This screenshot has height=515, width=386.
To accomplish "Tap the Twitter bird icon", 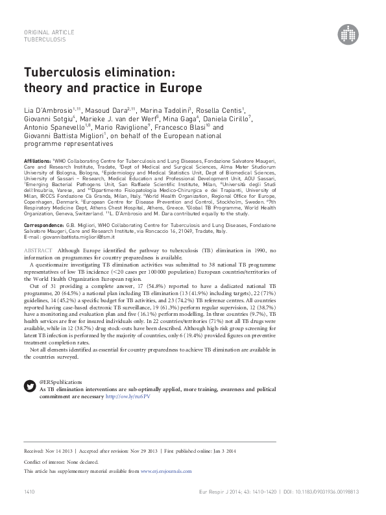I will click(29, 386).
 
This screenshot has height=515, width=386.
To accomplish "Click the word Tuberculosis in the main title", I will click(61, 73).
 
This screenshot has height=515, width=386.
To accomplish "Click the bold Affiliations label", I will click(36, 160).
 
